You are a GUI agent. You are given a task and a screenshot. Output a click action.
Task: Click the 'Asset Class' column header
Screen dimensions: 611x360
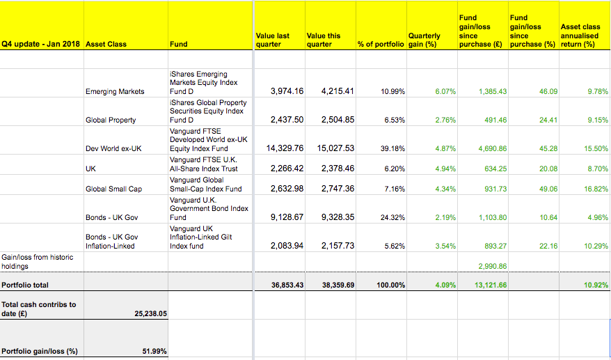(106, 44)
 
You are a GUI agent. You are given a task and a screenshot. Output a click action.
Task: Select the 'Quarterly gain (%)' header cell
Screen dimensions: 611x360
(424, 40)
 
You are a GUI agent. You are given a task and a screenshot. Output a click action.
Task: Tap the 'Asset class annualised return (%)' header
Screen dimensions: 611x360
(580, 36)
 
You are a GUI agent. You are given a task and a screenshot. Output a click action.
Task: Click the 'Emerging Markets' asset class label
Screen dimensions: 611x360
(115, 92)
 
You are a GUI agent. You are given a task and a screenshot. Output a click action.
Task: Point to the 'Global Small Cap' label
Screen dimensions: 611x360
(114, 189)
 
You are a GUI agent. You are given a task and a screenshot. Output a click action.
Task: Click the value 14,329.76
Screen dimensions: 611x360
(285, 148)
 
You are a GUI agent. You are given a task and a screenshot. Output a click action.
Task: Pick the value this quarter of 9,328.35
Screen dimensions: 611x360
(338, 217)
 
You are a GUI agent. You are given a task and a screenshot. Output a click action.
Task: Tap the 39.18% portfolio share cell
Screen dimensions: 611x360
(392, 148)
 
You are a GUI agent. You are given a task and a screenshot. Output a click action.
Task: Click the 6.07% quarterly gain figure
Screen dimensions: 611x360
(445, 92)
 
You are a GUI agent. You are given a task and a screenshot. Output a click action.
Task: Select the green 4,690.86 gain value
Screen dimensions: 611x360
(493, 148)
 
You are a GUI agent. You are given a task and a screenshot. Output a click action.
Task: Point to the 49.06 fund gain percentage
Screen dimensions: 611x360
(548, 189)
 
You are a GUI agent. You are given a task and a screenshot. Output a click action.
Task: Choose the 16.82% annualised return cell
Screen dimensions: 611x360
(596, 189)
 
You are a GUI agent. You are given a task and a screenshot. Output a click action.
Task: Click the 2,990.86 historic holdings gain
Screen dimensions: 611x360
(493, 267)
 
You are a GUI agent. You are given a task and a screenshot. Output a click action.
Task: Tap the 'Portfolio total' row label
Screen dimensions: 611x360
(25, 285)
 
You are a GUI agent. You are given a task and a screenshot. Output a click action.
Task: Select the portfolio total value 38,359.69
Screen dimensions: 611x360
(338, 285)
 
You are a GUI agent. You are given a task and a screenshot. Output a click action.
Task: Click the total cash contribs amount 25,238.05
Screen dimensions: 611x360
(151, 313)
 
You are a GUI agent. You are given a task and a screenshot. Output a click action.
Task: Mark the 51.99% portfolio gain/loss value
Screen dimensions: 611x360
(154, 352)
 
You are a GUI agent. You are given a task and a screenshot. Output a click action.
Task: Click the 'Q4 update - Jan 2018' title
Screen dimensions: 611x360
(40, 44)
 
